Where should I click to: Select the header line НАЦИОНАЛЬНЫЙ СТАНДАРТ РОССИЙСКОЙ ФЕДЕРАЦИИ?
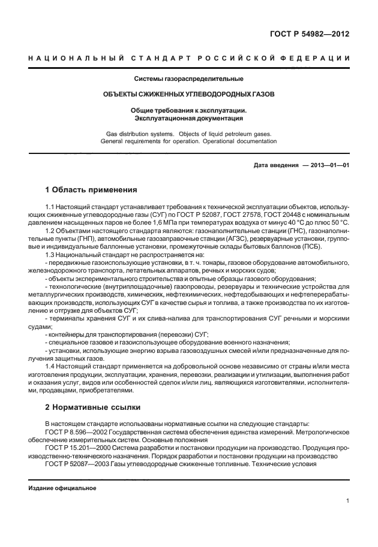tap(189, 58)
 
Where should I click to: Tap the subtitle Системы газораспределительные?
tap(189, 78)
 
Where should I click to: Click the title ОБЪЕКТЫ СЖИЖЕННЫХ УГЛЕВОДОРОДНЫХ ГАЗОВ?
tap(189, 95)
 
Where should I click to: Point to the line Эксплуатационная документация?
tap(189, 118)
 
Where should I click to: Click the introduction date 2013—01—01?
tap(329, 165)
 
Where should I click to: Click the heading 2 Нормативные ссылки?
tap(93, 407)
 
